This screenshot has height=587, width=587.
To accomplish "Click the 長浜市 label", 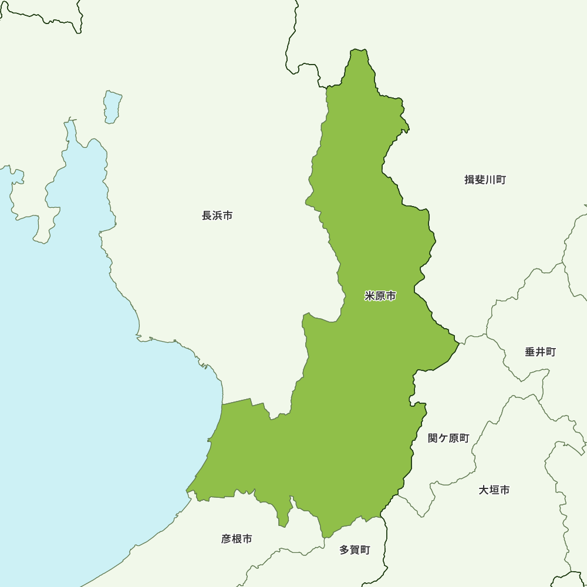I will pyautogui.click(x=217, y=215).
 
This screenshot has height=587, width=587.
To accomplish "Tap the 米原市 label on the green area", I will pyautogui.click(x=380, y=296).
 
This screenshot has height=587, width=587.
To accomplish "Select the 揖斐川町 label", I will pyautogui.click(x=485, y=180).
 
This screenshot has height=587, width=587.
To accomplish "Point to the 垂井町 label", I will pyautogui.click(x=540, y=352).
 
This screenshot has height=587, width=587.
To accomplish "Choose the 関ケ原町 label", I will pyautogui.click(x=448, y=438).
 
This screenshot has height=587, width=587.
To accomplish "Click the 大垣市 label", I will pyautogui.click(x=494, y=490).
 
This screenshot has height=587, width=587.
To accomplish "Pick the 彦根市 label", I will pyautogui.click(x=237, y=538).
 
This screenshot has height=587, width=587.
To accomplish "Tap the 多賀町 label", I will pyautogui.click(x=355, y=550).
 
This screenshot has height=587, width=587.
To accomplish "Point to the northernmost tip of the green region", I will pyautogui.click(x=358, y=51).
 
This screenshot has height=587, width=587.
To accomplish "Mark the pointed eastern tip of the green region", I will pyautogui.click(x=457, y=341).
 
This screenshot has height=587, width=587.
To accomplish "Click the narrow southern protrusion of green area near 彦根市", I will pyautogui.click(x=284, y=517).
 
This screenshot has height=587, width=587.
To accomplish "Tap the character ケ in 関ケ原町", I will pyautogui.click(x=443, y=438).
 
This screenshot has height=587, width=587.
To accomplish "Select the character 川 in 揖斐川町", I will pyautogui.click(x=490, y=180).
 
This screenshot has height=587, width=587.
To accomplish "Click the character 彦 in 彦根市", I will pyautogui.click(x=227, y=538).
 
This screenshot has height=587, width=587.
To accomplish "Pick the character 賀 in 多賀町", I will pyautogui.click(x=355, y=550).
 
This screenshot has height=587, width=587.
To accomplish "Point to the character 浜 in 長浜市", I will pyautogui.click(x=217, y=215).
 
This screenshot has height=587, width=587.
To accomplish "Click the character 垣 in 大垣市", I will pyautogui.click(x=494, y=490).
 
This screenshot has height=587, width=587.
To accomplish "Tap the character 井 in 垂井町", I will pyautogui.click(x=540, y=352).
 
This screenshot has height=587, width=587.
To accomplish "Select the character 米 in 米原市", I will pyautogui.click(x=370, y=296).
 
